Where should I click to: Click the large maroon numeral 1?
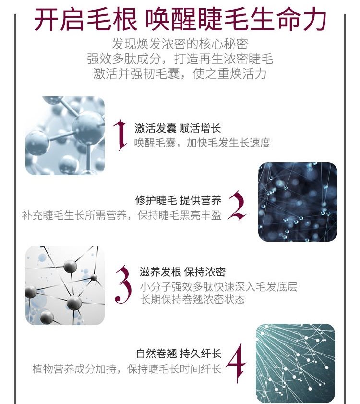click(x=120, y=135)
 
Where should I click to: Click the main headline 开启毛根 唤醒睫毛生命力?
click(x=180, y=19)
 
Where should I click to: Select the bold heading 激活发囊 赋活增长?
click(x=178, y=128)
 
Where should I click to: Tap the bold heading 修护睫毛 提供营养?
click(x=178, y=200)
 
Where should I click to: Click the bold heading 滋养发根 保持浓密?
click(x=182, y=272)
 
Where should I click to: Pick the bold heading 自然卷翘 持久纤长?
click(x=179, y=354)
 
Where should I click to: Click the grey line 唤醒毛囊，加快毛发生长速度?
click(x=203, y=143)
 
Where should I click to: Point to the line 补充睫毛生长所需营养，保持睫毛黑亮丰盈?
click(x=121, y=215)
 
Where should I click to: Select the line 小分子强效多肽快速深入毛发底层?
click(x=218, y=286)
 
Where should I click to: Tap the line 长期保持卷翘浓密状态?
click(x=192, y=299)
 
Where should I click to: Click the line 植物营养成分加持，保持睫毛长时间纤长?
click(x=127, y=369)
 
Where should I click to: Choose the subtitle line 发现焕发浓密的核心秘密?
click(x=180, y=44)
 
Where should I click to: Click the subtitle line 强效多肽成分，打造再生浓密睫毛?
click(x=180, y=59)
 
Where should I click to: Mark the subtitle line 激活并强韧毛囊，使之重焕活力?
click(x=180, y=73)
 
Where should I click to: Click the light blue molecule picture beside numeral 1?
click(x=65, y=135)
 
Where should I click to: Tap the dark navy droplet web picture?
click(x=298, y=202)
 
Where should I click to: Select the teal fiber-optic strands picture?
click(x=295, y=363)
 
